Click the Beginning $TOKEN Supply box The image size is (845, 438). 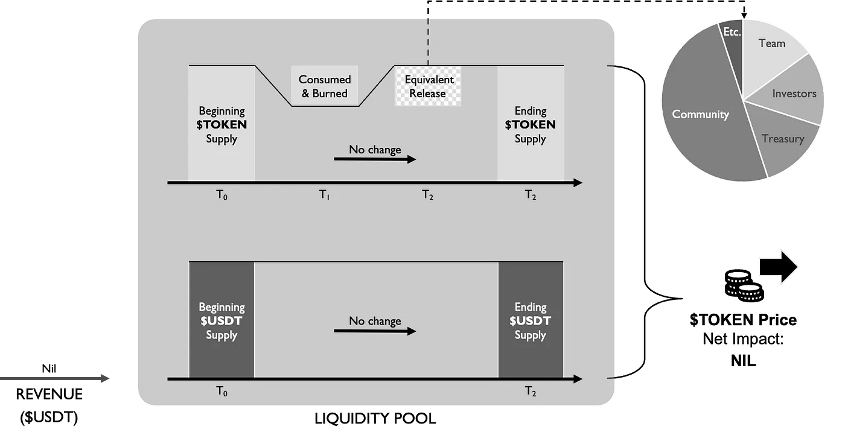click(222, 124)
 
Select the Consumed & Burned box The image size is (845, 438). click(325, 86)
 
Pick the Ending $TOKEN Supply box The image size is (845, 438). click(531, 124)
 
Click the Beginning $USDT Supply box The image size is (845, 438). click(222, 320)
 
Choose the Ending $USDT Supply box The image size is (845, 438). click(531, 320)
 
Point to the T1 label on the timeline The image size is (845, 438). click(324, 195)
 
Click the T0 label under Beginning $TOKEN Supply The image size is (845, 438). click(222, 195)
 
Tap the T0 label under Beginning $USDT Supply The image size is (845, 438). click(222, 392)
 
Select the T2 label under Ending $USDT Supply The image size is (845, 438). click(531, 392)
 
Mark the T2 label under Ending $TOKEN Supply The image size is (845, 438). click(531, 195)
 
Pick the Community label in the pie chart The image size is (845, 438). click(700, 114)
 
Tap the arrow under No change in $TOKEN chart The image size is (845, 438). click(375, 159)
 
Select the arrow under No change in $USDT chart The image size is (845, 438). click(375, 331)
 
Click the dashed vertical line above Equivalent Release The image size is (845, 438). click(428, 42)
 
